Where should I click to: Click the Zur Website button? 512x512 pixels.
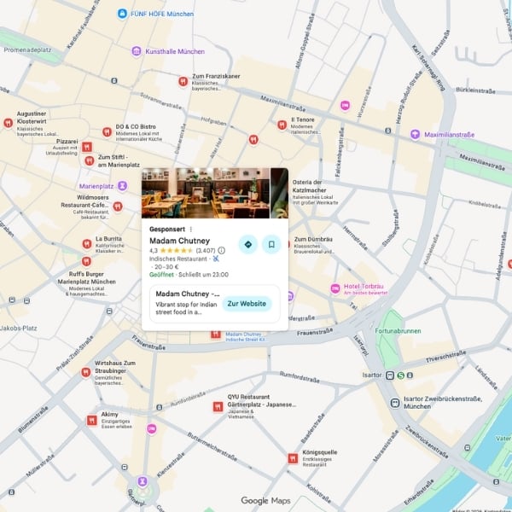(247, 304)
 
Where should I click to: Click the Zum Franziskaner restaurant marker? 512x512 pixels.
(183, 81)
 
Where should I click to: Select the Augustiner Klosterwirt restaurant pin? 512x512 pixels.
(8, 123)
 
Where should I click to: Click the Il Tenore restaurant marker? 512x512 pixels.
(282, 125)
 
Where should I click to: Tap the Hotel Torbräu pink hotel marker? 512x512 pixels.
(335, 288)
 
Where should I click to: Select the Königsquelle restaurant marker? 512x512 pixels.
(294, 458)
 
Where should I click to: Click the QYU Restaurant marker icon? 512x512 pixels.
(218, 407)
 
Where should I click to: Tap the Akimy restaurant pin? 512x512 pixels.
(91, 419)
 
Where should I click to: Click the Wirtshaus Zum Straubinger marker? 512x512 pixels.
(85, 372)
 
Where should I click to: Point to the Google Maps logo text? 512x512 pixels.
(265, 501)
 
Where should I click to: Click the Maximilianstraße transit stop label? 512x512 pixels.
(449, 134)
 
